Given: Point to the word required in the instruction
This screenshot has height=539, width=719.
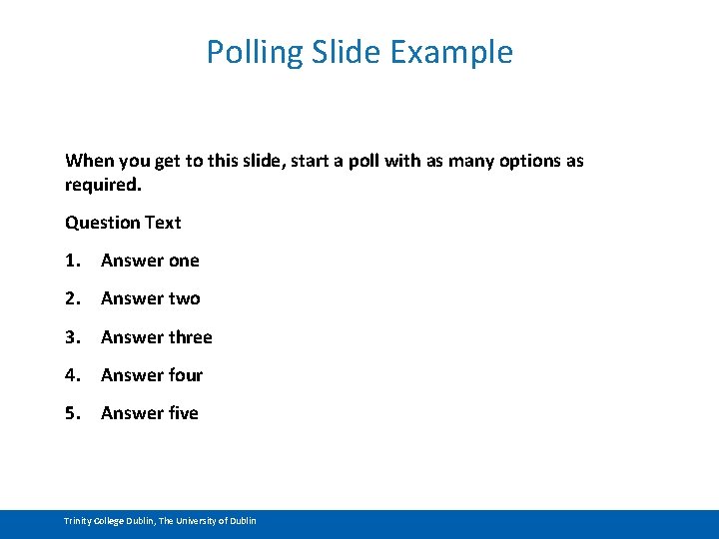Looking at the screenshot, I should (102, 185).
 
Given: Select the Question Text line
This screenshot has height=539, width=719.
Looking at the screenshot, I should (123, 223).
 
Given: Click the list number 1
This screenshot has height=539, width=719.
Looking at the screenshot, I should (72, 261).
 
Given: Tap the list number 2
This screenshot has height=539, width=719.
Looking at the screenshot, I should (72, 298).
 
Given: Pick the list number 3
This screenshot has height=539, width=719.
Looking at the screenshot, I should (72, 337).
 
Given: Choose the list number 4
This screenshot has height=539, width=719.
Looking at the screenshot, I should (72, 375).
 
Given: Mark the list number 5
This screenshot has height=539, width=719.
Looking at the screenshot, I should (72, 413).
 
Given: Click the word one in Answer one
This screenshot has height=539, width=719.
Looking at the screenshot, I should (184, 261).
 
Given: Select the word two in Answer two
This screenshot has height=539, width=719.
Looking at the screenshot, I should (184, 298).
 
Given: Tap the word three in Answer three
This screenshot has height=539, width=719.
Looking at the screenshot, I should (190, 337).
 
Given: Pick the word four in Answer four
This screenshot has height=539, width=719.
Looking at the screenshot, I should (185, 375).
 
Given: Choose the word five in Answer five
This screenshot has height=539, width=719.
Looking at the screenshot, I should (183, 413).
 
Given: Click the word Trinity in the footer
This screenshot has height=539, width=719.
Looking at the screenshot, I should (78, 521).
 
